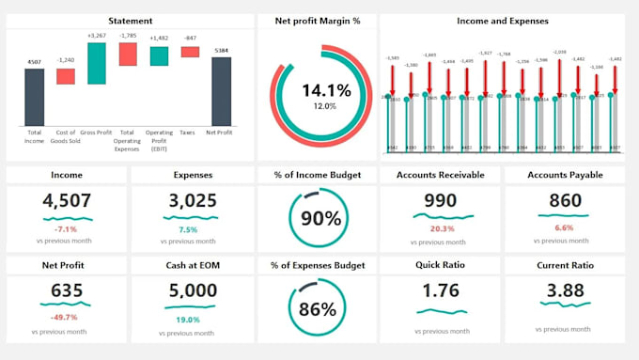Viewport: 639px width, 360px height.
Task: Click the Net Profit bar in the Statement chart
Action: pos(221,91)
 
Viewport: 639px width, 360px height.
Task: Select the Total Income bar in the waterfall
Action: pos(34,97)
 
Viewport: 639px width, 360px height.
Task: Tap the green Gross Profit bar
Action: pos(96,63)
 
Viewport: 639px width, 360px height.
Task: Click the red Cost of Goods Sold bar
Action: pos(65,76)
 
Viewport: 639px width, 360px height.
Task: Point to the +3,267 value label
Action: pos(96,37)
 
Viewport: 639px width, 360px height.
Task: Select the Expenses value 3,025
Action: pos(192,200)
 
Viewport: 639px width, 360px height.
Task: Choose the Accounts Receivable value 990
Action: pos(441,200)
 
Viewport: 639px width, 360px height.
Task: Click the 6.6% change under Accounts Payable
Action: pos(564,228)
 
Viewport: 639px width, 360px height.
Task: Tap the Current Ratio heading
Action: pos(564,265)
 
